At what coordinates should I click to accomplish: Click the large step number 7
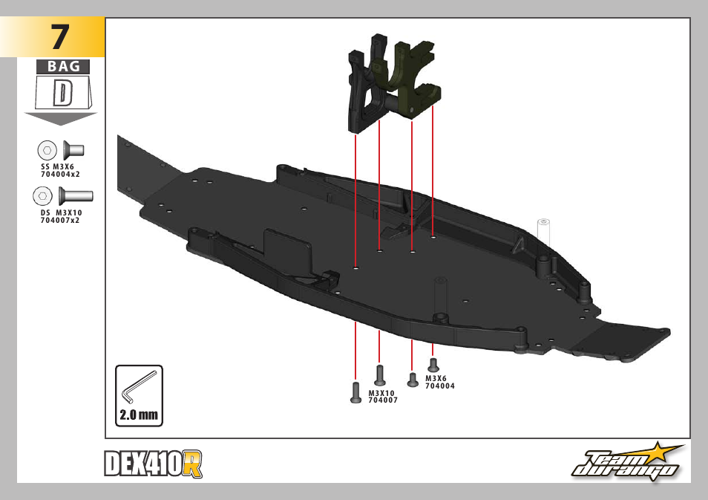click(60, 36)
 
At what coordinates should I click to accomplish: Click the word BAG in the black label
click(63, 67)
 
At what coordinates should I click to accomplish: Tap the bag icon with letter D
click(63, 93)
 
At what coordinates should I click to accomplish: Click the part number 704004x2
click(60, 174)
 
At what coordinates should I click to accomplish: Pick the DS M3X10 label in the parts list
click(61, 212)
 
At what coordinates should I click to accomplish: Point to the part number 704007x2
click(60, 220)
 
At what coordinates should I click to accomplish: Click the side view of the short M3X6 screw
click(73, 150)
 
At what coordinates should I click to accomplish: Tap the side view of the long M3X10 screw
click(76, 196)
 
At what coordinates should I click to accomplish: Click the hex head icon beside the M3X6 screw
click(47, 150)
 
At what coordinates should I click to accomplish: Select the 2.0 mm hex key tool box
click(139, 395)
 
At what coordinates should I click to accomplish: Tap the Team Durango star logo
click(627, 464)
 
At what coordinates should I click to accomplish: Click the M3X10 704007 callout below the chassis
click(383, 397)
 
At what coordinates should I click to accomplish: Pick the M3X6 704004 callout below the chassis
click(440, 382)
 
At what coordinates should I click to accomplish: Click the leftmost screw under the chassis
click(355, 392)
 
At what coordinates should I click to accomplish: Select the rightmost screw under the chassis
click(434, 364)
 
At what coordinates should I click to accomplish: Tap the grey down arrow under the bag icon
click(61, 119)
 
